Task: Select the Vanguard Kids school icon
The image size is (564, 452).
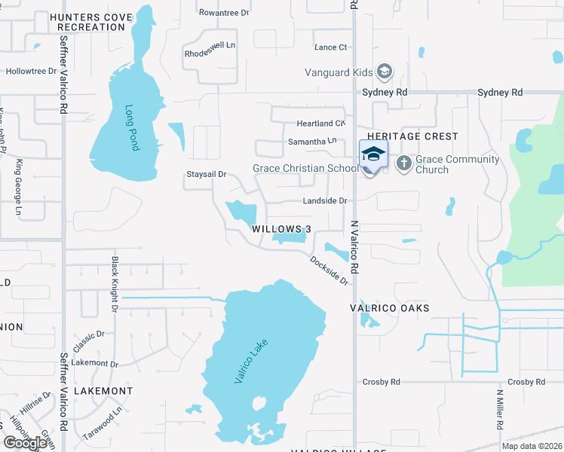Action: [x=385, y=72]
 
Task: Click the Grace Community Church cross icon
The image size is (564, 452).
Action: [x=403, y=163]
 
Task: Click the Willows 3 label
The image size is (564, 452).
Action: [x=281, y=228]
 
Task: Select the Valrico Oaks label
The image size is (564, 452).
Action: [x=390, y=308]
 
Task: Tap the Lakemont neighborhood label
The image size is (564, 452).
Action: [x=103, y=391]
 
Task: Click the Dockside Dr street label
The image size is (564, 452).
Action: [x=330, y=270]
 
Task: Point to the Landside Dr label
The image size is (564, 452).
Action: [x=324, y=201]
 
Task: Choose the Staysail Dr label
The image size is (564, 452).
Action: [x=206, y=175]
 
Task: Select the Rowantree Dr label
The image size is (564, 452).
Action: [x=223, y=13]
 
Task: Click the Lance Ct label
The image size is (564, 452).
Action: [x=330, y=47]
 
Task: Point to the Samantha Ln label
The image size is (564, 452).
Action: [x=311, y=142]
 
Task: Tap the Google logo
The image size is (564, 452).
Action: [x=25, y=443]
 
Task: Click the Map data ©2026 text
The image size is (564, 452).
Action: [x=532, y=446]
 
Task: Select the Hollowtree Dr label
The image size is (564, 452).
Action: [x=32, y=72]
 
